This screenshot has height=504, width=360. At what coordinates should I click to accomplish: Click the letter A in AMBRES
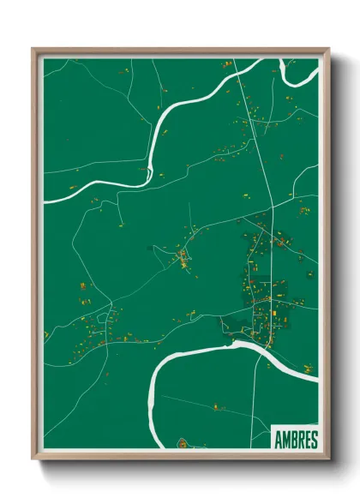click(x=279, y=440)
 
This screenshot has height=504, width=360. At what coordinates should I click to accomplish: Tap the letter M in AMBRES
click(x=286, y=440)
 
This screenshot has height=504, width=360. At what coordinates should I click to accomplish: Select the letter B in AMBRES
click(x=294, y=440)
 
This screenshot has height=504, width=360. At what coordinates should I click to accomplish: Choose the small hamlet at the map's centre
click(x=183, y=257)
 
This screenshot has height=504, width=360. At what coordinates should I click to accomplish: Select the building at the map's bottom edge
click(x=182, y=444)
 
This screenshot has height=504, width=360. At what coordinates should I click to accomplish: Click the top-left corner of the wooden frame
click(x=33, y=50)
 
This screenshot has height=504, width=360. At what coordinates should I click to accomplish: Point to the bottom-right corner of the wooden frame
click(x=328, y=459)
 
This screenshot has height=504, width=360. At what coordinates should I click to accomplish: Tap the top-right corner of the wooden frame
click(x=328, y=50)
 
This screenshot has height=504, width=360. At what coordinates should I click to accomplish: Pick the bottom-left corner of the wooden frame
click(x=33, y=459)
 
